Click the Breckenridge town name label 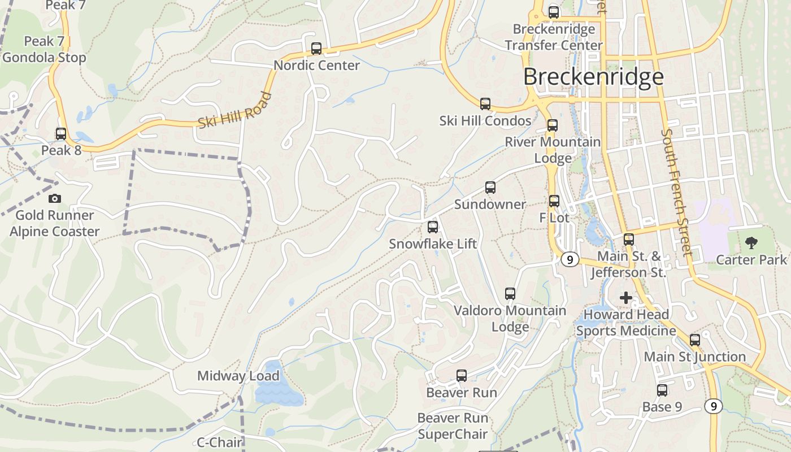point(593,76)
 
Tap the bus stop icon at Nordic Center point(316,49)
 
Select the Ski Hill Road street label point(235,111)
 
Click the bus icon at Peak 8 point(61,134)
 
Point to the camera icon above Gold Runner point(55,198)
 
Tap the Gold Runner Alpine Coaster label point(54,223)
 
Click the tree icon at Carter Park point(751,243)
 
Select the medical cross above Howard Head point(626,297)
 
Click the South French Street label point(676,192)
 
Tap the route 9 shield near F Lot point(570,259)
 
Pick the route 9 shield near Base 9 point(714,406)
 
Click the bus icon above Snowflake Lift point(433,227)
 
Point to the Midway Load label point(238,376)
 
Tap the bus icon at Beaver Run point(462,375)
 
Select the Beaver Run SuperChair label point(452,426)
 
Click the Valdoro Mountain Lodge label point(510,318)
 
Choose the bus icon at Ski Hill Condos point(485,104)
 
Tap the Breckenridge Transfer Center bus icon point(554,12)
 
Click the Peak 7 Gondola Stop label point(44,49)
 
